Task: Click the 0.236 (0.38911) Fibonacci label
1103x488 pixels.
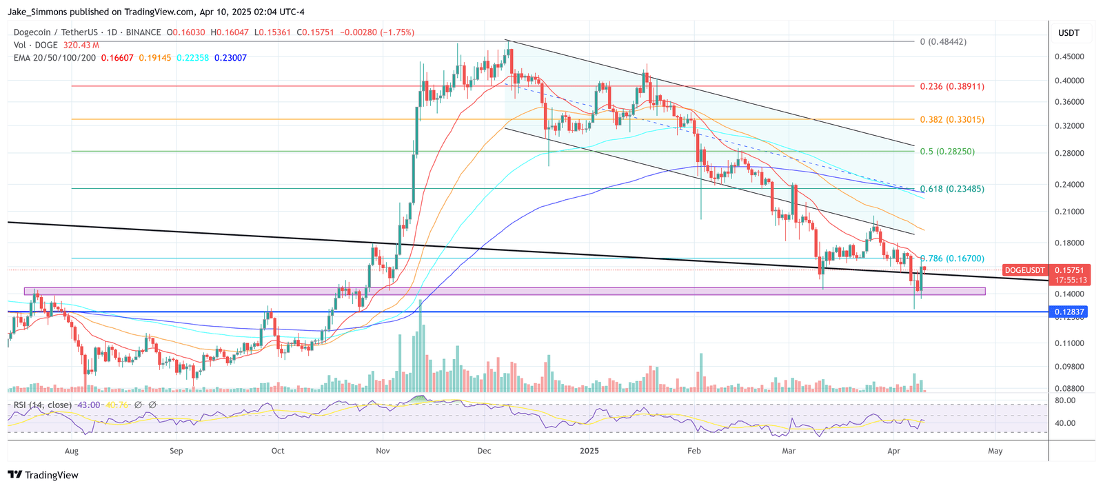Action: pos(951,87)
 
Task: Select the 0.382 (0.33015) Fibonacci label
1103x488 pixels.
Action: pos(951,120)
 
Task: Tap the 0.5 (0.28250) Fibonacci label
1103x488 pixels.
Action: pos(947,152)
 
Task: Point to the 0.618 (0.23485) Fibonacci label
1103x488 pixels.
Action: pos(951,189)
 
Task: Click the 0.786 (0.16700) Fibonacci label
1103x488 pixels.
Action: pos(951,258)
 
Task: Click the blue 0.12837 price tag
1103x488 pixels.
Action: pos(1069,312)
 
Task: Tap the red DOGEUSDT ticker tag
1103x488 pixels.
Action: pos(1024,270)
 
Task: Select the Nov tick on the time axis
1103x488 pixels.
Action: pos(383,451)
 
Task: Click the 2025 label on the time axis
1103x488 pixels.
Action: pos(589,451)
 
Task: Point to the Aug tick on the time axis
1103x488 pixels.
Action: pos(71,451)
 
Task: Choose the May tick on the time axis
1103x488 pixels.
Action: pos(995,451)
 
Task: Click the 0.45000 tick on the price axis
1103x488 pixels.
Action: pos(1069,57)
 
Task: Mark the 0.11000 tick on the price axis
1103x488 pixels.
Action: pos(1069,343)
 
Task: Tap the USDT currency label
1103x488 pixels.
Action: pos(1069,33)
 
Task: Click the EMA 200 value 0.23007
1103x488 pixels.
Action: pos(230,58)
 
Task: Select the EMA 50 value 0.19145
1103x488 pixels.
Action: pos(154,58)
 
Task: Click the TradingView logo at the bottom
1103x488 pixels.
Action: pos(43,475)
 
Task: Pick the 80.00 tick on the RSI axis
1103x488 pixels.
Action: pos(1065,400)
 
